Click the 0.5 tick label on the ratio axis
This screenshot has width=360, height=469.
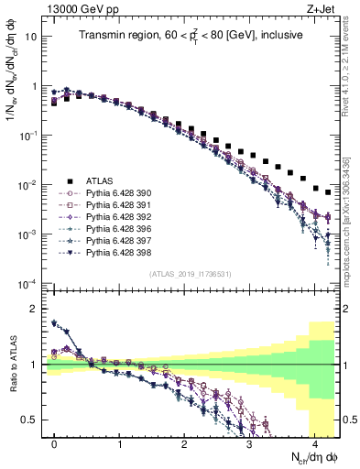(x=30, y=420)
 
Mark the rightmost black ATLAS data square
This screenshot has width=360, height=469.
(x=328, y=192)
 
